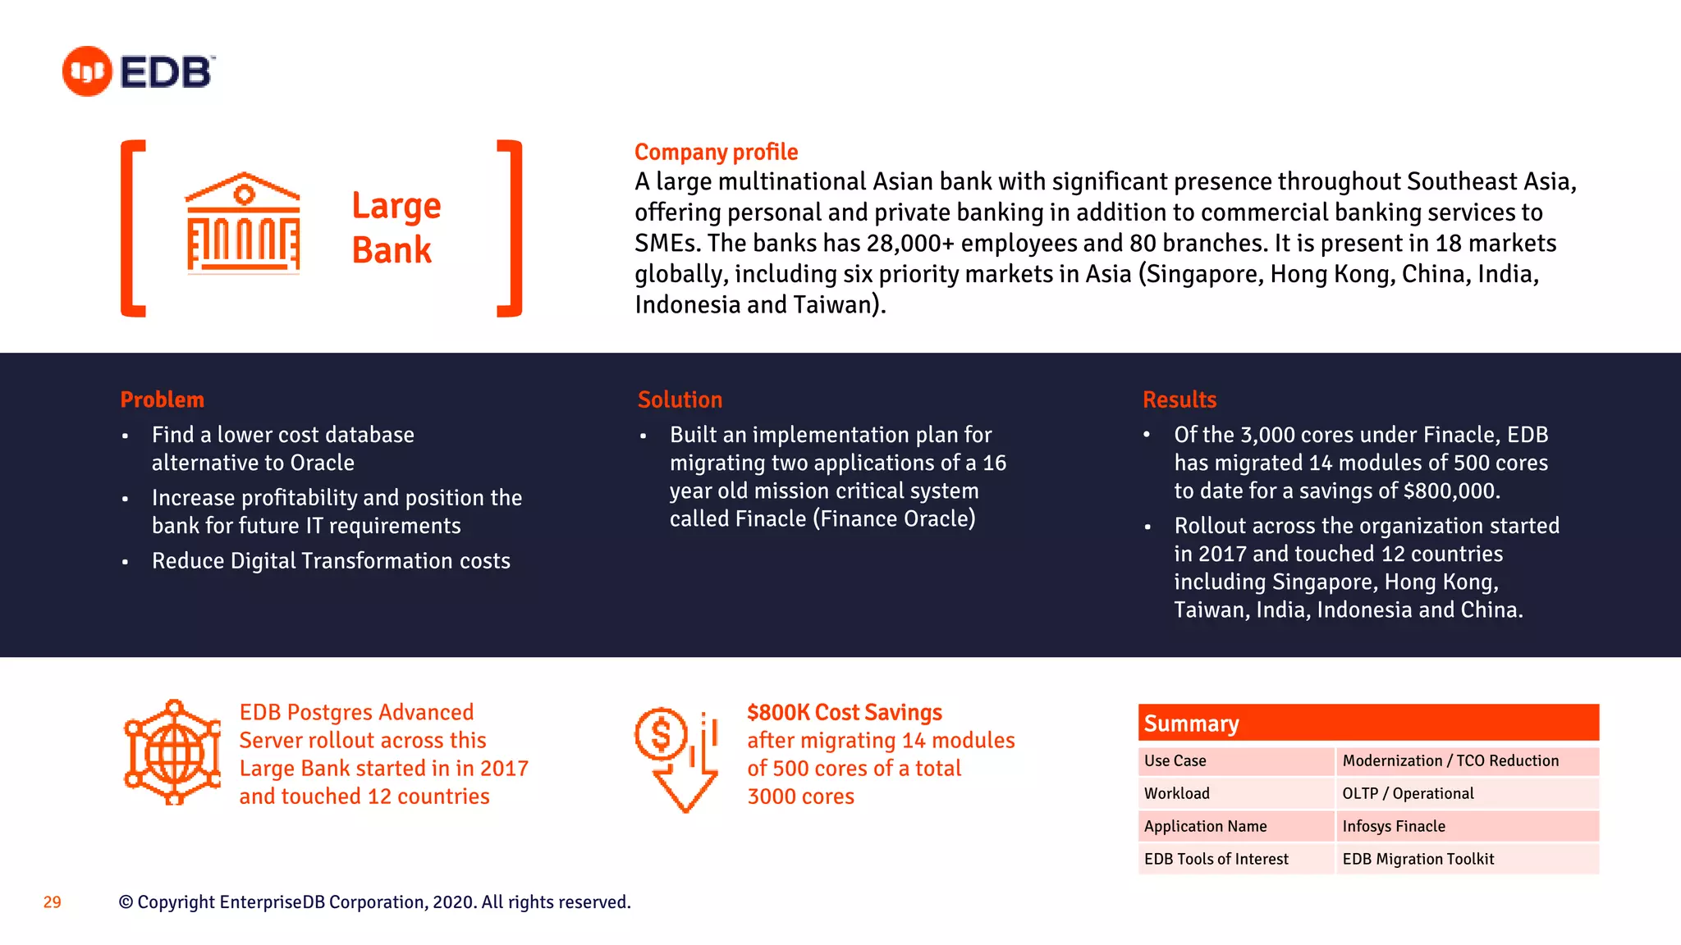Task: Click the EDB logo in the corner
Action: point(138,71)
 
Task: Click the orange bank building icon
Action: point(243,222)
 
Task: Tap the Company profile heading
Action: point(716,152)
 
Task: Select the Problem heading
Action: point(162,399)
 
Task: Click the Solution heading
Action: point(680,399)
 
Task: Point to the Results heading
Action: point(1179,399)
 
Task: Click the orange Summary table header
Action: point(1367,723)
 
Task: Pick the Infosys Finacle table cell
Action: point(1393,826)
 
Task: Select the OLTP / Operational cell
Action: point(1407,793)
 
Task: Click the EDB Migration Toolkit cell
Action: point(1418,859)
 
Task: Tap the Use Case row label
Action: point(1175,760)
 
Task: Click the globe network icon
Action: point(172,752)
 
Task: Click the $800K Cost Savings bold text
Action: point(844,712)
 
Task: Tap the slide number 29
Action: point(52,902)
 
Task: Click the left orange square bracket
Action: point(132,228)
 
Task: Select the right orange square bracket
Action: point(511,228)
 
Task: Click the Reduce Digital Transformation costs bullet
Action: point(330,561)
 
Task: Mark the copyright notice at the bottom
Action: point(374,902)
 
